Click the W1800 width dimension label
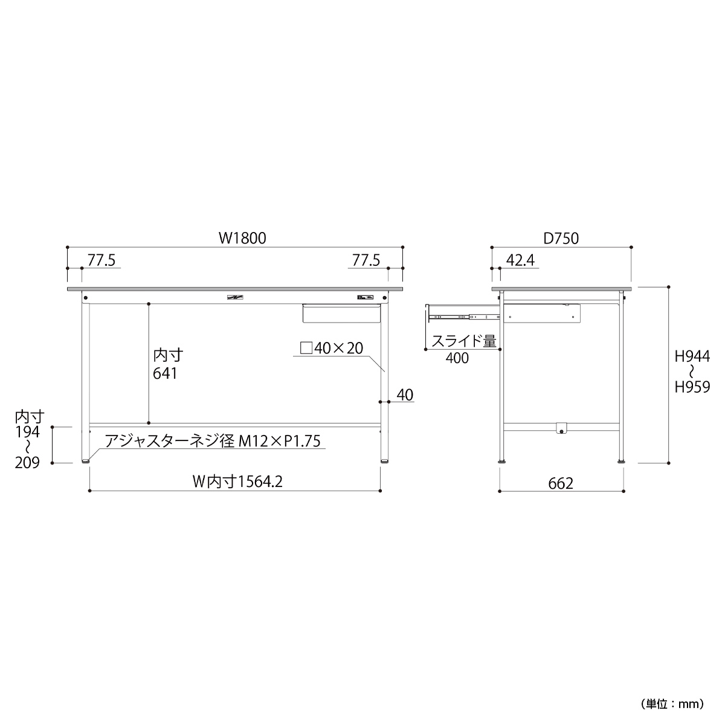point(242,238)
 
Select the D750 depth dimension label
point(561,239)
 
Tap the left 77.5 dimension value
point(101,260)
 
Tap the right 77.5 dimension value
point(366,260)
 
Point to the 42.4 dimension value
point(520,260)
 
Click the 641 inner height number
point(165,373)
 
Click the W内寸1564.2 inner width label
point(237,482)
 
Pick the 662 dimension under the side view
point(561,484)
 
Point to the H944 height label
point(692,356)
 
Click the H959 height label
point(692,387)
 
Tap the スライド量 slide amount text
point(464,341)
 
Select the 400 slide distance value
point(457,358)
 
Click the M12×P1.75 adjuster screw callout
point(280,441)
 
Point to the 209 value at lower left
point(27,463)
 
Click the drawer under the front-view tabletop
point(341,314)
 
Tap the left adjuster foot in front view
point(86,460)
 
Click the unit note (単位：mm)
point(672,704)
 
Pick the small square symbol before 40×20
point(306,349)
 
